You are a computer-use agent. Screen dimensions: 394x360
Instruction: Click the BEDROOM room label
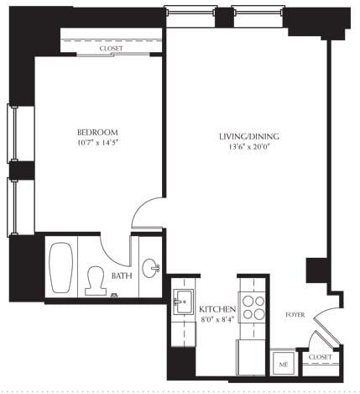point(97,133)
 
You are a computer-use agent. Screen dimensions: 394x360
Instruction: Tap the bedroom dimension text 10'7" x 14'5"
point(97,144)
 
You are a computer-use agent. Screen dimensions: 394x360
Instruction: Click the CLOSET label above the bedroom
point(112,49)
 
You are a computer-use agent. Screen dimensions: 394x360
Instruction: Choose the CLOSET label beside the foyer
point(320,357)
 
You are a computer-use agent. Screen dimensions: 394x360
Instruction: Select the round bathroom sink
point(150,269)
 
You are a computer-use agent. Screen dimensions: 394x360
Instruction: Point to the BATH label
point(122,275)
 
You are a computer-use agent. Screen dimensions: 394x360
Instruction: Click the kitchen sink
point(183,303)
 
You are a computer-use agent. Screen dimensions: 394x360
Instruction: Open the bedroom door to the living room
point(147,212)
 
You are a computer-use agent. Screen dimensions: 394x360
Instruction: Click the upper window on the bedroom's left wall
point(13,134)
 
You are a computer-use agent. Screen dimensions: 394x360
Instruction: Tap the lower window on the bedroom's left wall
point(13,207)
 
